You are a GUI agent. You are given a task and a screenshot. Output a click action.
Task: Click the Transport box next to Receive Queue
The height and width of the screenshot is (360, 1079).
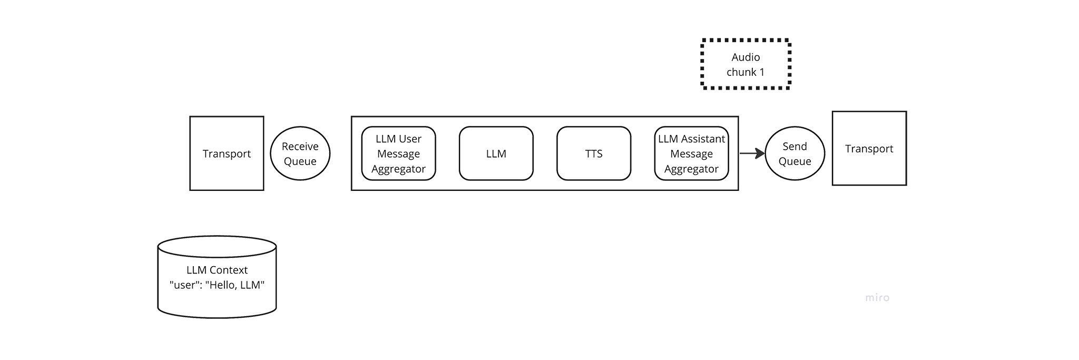tap(227, 153)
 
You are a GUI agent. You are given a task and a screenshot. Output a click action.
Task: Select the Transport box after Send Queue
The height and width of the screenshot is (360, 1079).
tap(869, 148)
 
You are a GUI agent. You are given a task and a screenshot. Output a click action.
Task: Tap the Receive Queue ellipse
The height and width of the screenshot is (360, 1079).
tap(300, 153)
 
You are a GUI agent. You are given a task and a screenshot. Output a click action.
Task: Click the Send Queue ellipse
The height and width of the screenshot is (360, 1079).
tap(794, 153)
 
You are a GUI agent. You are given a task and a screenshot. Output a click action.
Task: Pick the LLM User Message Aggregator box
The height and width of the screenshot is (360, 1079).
tap(399, 153)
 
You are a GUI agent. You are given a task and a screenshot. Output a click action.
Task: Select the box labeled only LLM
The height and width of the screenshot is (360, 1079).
tap(496, 153)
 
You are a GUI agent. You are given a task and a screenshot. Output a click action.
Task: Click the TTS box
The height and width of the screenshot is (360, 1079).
tap(594, 153)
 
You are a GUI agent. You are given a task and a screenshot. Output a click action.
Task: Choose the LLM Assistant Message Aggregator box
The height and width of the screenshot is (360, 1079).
tap(692, 153)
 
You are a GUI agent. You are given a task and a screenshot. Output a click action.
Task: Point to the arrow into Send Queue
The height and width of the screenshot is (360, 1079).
tap(752, 153)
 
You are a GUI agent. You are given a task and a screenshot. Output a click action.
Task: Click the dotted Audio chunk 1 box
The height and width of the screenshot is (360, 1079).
tap(746, 64)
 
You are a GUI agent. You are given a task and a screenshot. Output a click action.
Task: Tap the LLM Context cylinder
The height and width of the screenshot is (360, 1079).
tap(217, 277)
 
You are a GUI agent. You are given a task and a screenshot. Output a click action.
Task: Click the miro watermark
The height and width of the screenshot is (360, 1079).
tap(877, 298)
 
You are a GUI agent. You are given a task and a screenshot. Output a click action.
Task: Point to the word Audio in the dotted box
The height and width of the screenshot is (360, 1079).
tap(746, 57)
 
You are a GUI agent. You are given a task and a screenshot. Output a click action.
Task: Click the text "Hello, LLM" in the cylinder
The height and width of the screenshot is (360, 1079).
tap(235, 285)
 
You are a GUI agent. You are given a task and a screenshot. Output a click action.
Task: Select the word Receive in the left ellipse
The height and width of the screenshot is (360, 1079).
tap(300, 147)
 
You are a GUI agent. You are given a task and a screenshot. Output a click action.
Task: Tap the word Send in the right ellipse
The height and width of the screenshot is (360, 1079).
tap(794, 147)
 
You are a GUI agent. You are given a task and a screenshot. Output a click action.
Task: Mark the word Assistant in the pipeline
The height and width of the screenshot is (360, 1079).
tap(703, 139)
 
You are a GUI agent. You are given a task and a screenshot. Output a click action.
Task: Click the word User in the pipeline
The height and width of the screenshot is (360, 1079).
tap(410, 139)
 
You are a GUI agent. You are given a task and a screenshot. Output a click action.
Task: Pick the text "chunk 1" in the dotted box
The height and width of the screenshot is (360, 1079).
tap(746, 72)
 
